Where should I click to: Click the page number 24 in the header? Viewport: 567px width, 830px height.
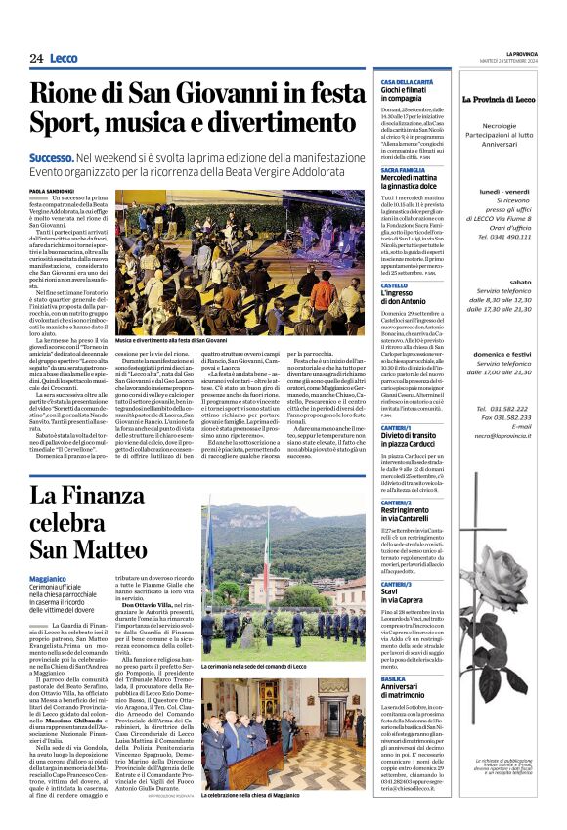click(x=36, y=59)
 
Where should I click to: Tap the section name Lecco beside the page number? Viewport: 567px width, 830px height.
click(x=64, y=59)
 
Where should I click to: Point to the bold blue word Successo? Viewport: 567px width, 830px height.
click(x=52, y=156)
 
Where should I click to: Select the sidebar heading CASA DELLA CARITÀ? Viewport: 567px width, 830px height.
click(x=407, y=82)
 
